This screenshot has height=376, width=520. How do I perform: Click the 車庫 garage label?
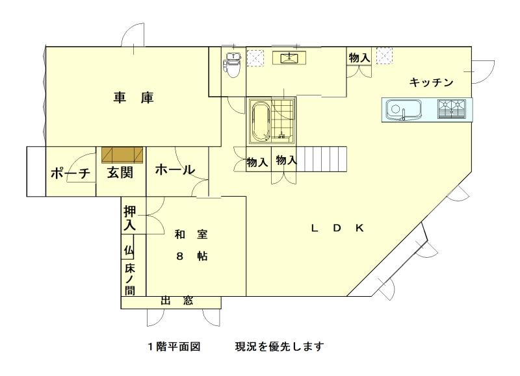(x=133, y=98)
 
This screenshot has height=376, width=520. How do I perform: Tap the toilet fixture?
(x=233, y=65)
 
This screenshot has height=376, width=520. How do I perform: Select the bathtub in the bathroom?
(x=260, y=121)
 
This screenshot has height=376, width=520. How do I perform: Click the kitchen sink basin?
(x=403, y=109)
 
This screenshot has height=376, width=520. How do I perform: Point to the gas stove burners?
(x=451, y=108)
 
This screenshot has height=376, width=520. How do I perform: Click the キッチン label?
(x=431, y=82)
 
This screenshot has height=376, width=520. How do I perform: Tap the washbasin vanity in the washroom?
(x=289, y=58)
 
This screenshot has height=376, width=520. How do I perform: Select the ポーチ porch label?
(x=70, y=173)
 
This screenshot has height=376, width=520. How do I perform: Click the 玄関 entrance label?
(x=120, y=173)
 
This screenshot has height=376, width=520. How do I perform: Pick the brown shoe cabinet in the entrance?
(x=122, y=155)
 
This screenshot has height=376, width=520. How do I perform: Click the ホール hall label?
(x=175, y=169)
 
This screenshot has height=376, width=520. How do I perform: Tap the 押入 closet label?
(x=129, y=218)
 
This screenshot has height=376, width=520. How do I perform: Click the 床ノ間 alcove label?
(x=129, y=279)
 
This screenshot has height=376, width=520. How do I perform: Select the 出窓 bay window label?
(x=177, y=301)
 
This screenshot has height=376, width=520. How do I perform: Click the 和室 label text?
(x=191, y=234)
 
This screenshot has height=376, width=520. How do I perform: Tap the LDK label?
(x=337, y=228)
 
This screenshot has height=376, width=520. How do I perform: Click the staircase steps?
(x=321, y=159)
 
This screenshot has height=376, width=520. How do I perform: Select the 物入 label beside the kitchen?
(x=359, y=58)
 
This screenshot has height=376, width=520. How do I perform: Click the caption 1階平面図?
(x=174, y=347)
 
